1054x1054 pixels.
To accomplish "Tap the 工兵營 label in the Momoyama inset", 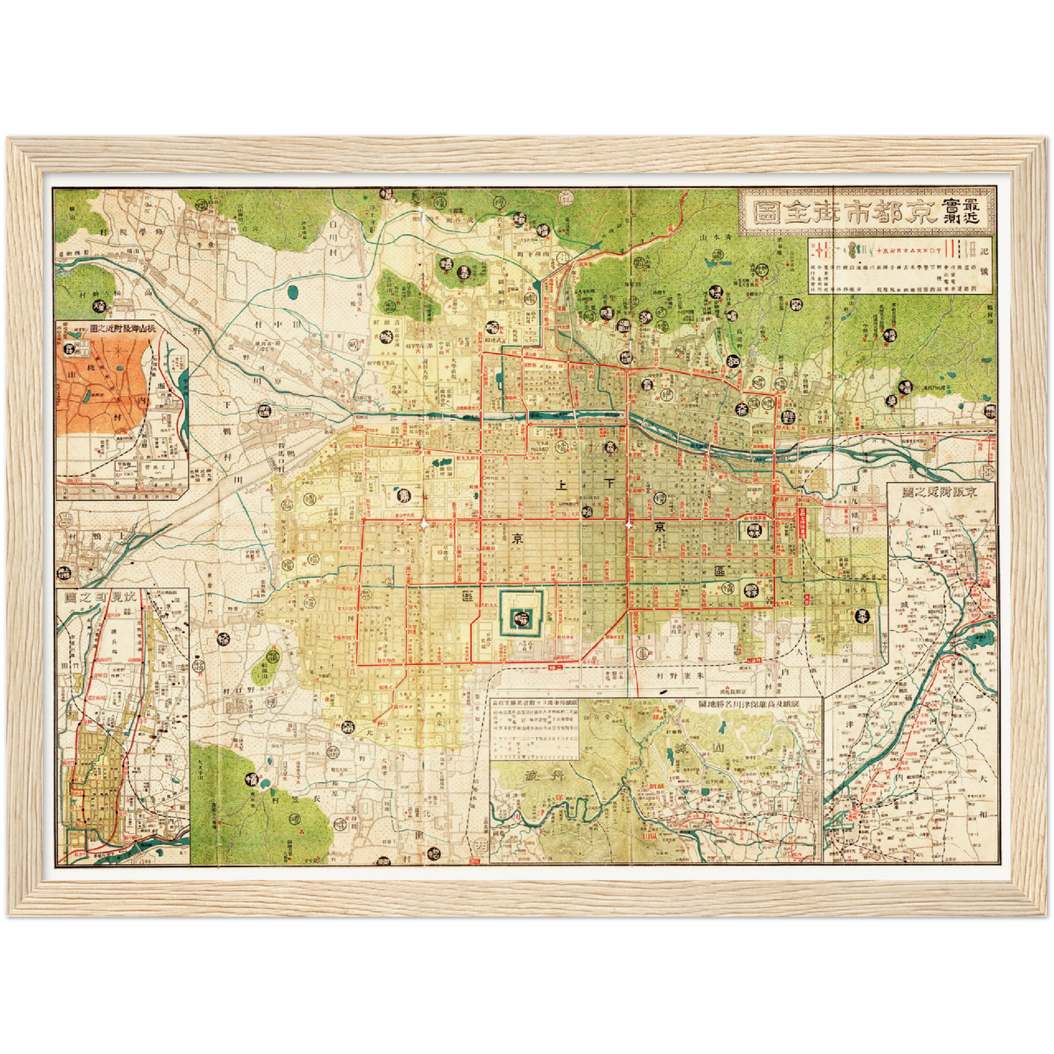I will [x=151, y=465].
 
